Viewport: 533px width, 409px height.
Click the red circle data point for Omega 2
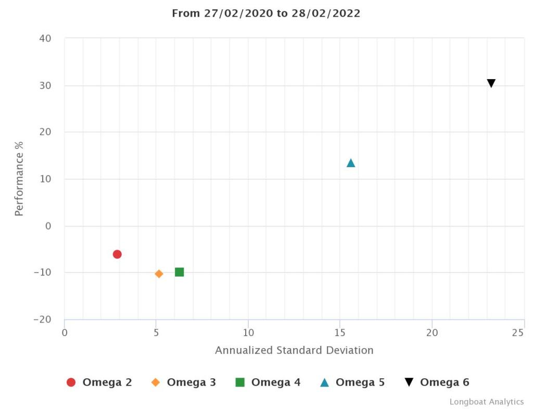pyautogui.click(x=117, y=254)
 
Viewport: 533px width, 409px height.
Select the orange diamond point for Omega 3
pyautogui.click(x=159, y=274)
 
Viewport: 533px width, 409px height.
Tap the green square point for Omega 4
pyautogui.click(x=180, y=272)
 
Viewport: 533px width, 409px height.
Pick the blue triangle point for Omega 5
pyautogui.click(x=351, y=163)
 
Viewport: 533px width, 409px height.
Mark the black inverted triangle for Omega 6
pyautogui.click(x=491, y=83)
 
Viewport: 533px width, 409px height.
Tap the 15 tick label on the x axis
pyautogui.click(x=340, y=332)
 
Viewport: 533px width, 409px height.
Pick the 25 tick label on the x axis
pyautogui.click(x=517, y=332)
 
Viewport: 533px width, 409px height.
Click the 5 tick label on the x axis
pyautogui.click(x=156, y=332)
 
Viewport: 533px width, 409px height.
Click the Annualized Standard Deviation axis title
pyautogui.click(x=294, y=350)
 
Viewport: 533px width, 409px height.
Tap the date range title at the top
pyautogui.click(x=266, y=14)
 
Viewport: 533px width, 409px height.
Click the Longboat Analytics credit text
pyautogui.click(x=486, y=402)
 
